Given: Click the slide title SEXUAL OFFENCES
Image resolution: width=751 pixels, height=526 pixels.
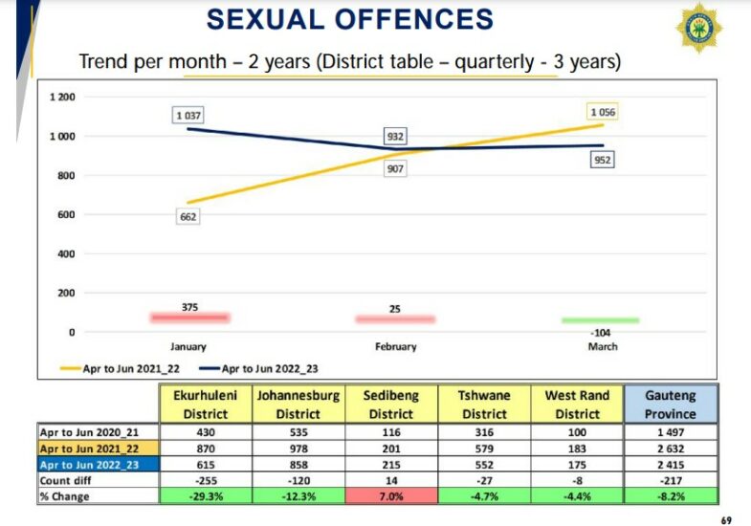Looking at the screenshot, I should [350, 19].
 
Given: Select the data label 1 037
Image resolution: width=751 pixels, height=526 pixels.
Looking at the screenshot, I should [188, 116].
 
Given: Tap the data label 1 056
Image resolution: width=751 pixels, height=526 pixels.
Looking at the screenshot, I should [604, 113].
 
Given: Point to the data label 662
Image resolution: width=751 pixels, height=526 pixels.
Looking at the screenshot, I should [188, 217].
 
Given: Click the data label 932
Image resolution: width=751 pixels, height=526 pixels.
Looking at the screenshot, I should [395, 137].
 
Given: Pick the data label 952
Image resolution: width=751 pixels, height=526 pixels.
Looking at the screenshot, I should [602, 160].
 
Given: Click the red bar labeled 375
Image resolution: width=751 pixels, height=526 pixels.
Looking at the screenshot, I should [188, 317].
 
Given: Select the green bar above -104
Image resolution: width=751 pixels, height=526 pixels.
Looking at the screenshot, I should [600, 320].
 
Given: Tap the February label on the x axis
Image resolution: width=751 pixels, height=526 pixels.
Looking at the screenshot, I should [395, 347].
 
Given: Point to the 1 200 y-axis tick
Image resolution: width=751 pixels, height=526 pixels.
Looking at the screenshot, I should [62, 97].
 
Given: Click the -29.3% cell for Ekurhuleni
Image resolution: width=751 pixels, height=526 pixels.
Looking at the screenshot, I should [206, 495].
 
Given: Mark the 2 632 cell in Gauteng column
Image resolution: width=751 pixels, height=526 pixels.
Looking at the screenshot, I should [670, 448].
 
